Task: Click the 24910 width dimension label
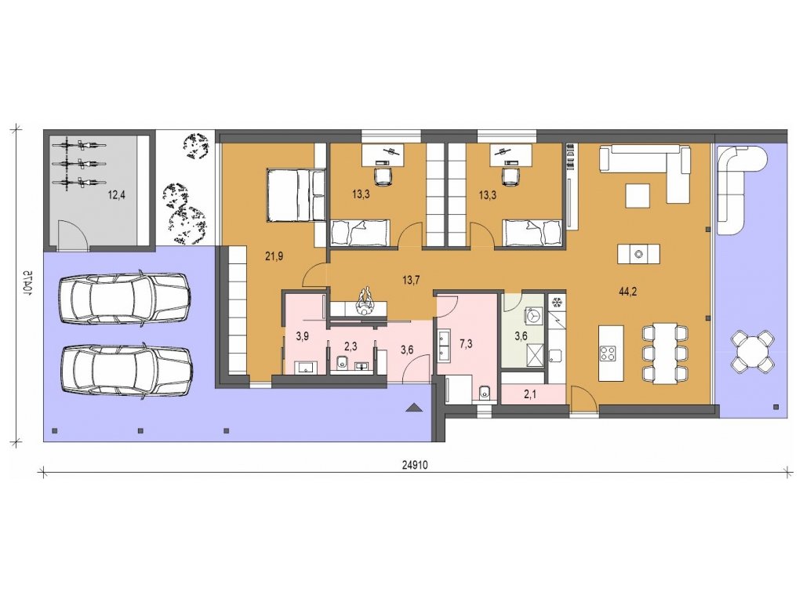(x=414, y=466)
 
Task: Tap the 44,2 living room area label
(x=627, y=292)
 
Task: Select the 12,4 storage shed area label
(x=116, y=194)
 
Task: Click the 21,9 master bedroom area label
(x=274, y=257)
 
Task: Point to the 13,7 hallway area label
(x=411, y=280)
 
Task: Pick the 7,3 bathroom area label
(x=466, y=344)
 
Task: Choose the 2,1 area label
(x=529, y=395)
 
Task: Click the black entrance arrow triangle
(x=414, y=408)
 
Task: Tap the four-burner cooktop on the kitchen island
(x=608, y=354)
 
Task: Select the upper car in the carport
(x=125, y=298)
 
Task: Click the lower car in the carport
(x=125, y=370)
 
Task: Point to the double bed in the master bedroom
(x=296, y=195)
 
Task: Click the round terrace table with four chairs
(x=752, y=351)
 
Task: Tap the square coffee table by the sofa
(x=638, y=195)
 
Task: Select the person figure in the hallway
(x=365, y=302)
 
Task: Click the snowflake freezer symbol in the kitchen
(x=557, y=303)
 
